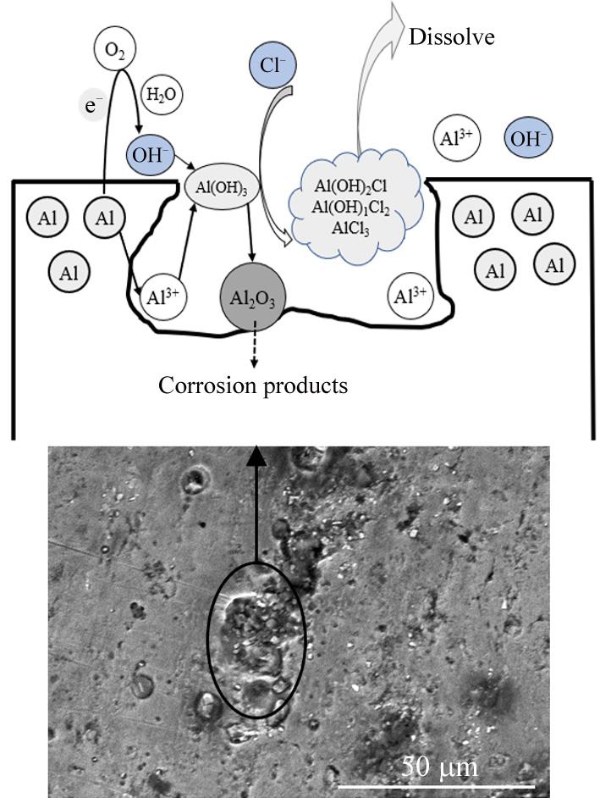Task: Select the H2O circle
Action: tap(162, 95)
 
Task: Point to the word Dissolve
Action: tap(451, 36)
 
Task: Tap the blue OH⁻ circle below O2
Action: tap(150, 157)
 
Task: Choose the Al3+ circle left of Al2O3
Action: tap(164, 296)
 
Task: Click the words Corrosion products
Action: tap(254, 386)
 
